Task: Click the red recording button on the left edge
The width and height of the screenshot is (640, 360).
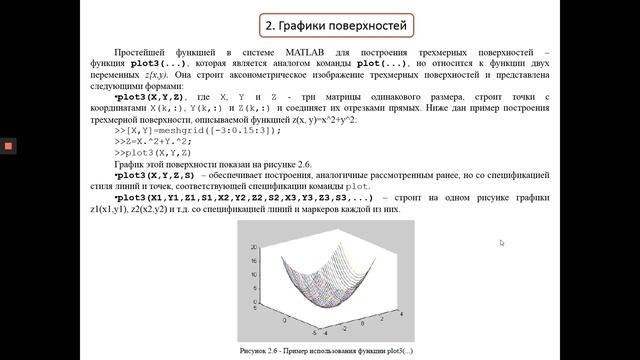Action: pos(8,146)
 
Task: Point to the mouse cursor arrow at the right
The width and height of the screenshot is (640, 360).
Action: pos(502,242)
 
